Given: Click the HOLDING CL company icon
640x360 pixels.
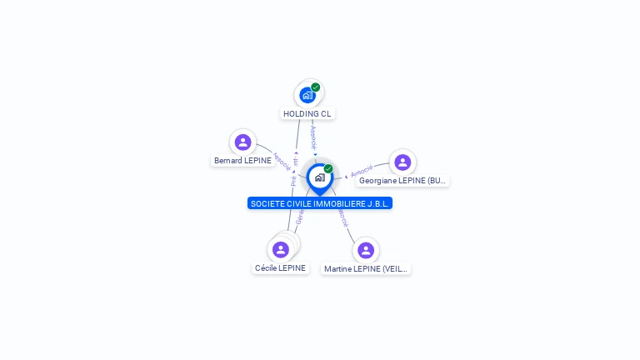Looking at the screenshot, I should (x=307, y=95).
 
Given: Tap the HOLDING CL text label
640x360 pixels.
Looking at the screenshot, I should (x=307, y=113).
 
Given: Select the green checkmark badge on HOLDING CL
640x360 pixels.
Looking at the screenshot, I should (x=316, y=87).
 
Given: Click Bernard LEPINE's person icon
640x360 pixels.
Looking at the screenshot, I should (x=242, y=142).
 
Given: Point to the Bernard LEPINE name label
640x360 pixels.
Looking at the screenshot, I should (x=242, y=160).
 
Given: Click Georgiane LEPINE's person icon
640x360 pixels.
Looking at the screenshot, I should (x=402, y=162).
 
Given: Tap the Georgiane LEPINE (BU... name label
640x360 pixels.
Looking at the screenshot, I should (x=403, y=180).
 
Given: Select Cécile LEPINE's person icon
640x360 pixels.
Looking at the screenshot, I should (x=281, y=249).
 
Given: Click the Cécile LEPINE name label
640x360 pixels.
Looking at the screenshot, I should (x=281, y=268).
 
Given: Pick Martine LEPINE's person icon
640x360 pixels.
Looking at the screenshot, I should (x=366, y=250).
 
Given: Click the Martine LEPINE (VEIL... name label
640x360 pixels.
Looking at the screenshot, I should (x=367, y=268).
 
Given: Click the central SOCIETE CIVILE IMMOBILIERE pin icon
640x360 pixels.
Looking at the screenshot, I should (x=319, y=177).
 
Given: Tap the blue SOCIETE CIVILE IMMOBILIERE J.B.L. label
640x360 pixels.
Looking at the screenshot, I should (x=320, y=203).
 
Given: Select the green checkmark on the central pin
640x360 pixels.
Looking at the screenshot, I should (x=328, y=169).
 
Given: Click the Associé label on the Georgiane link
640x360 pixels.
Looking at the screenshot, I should (x=362, y=172).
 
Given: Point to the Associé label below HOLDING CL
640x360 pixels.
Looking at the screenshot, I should (x=313, y=137).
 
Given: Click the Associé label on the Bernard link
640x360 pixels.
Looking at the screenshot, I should (x=282, y=161).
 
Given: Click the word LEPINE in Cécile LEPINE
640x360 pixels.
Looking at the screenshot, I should (x=292, y=268).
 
